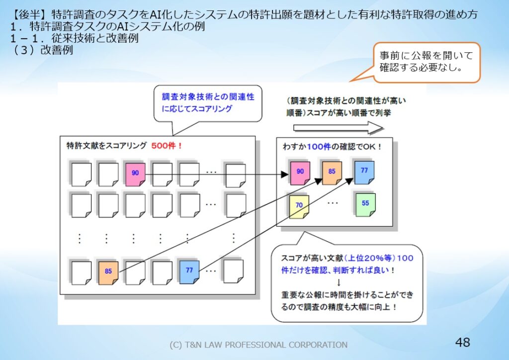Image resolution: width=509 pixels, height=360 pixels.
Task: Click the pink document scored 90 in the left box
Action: coord(135,174)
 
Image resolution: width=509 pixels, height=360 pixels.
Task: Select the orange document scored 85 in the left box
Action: coord(108,271)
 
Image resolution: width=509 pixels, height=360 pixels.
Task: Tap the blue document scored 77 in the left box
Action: coord(189,271)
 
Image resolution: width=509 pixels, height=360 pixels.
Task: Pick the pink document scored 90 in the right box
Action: coord(300,172)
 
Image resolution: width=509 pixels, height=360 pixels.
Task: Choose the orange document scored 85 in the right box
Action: coord(332,172)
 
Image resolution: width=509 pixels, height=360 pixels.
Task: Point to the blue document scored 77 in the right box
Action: coord(364,171)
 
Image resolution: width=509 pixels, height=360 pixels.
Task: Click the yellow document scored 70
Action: coord(299,205)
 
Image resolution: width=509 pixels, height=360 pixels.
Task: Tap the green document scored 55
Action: coord(365,204)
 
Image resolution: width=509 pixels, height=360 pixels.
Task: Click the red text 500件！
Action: coord(167,146)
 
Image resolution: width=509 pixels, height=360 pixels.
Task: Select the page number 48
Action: coord(462,342)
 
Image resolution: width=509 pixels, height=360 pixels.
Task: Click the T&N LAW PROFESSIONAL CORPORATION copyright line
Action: coord(258,345)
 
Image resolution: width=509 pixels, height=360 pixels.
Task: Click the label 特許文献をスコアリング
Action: coord(106,146)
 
